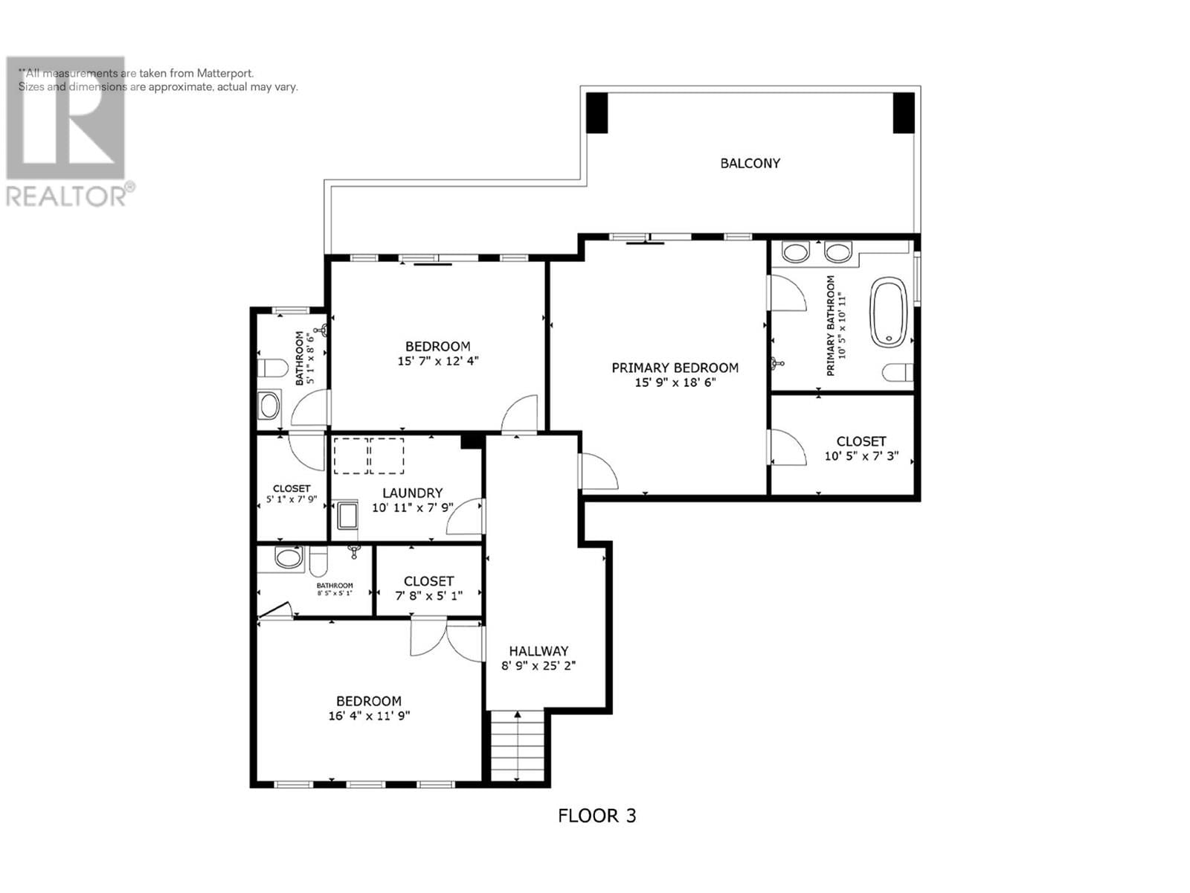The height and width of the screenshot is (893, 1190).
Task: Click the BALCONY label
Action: tap(750, 163)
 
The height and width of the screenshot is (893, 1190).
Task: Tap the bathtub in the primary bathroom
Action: tap(889, 312)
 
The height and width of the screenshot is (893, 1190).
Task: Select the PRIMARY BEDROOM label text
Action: tap(675, 368)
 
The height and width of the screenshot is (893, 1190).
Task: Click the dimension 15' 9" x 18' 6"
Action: tap(675, 383)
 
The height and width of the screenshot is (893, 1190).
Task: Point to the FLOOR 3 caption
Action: tap(596, 816)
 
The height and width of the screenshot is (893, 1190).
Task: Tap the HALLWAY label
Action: tap(538, 651)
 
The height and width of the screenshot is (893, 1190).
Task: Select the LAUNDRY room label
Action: tap(412, 493)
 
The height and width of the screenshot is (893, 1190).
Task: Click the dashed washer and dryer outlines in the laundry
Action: tap(369, 456)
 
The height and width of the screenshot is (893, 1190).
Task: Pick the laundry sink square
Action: tap(347, 516)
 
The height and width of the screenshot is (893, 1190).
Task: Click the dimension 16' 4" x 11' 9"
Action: tap(369, 716)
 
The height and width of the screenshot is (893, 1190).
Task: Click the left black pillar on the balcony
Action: tap(597, 113)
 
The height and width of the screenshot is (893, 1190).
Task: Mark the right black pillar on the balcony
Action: tap(903, 113)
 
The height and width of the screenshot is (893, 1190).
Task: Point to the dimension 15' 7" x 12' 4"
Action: tap(437, 361)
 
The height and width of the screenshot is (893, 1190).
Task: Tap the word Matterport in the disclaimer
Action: tap(225, 73)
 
